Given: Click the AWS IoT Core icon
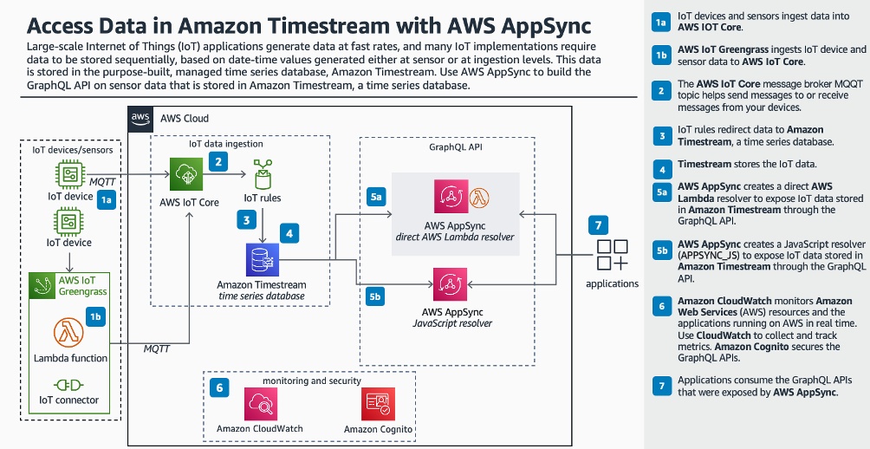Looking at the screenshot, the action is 186,175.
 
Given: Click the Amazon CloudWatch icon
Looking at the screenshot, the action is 261,404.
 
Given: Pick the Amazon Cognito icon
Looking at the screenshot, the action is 378,404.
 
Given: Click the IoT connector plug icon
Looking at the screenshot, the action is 68,385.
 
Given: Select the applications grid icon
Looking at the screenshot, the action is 612,255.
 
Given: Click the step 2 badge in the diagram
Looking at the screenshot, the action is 218,161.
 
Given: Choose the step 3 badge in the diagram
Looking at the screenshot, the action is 246,219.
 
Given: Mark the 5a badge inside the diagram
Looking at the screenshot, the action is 375,197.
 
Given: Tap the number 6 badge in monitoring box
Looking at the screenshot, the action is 219,388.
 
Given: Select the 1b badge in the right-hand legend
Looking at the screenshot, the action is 661,55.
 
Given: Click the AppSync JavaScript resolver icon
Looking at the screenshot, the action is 450,284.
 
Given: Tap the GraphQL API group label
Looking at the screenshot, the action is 447,147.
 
